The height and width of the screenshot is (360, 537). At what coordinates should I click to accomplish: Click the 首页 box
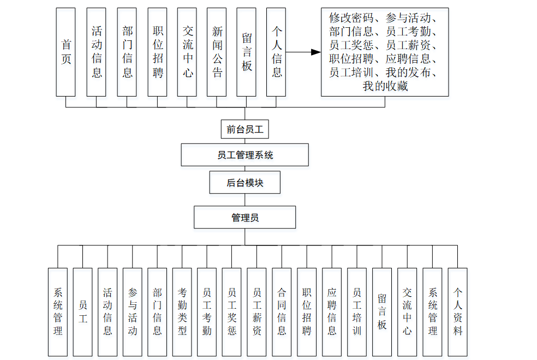pyautogui.click(x=66, y=52)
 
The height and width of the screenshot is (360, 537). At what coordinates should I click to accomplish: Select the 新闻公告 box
pyautogui.click(x=217, y=52)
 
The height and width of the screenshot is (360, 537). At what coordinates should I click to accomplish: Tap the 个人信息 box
pyautogui.click(x=277, y=52)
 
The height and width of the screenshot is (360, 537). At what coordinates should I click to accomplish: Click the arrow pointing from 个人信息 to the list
pyautogui.click(x=303, y=52)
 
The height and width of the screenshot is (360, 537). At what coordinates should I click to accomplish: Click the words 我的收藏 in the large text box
pyautogui.click(x=385, y=86)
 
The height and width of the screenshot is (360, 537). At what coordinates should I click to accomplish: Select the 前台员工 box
pyautogui.click(x=245, y=130)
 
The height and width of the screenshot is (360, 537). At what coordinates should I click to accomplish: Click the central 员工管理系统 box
pyautogui.click(x=245, y=155)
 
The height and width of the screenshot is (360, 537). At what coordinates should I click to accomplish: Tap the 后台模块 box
pyautogui.click(x=245, y=183)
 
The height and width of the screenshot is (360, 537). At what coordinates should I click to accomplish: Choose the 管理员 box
pyautogui.click(x=245, y=217)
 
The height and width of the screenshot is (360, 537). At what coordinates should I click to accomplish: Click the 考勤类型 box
pyautogui.click(x=182, y=311)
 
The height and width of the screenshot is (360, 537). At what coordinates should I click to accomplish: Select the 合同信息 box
pyautogui.click(x=282, y=311)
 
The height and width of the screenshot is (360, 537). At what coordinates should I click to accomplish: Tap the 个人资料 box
pyautogui.click(x=458, y=311)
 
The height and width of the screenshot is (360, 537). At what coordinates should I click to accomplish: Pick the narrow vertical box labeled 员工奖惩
pyautogui.click(x=232, y=311)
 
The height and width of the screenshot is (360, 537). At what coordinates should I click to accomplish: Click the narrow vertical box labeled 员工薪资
pyautogui.click(x=257, y=311)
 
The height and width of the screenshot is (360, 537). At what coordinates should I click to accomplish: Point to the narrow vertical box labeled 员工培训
pyautogui.click(x=357, y=311)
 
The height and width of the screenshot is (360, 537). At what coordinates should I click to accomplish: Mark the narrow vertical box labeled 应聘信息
pyautogui.click(x=332, y=311)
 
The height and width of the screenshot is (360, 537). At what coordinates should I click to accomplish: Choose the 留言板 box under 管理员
pyautogui.click(x=382, y=311)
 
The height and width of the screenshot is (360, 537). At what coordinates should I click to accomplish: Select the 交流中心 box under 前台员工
pyautogui.click(x=187, y=52)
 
